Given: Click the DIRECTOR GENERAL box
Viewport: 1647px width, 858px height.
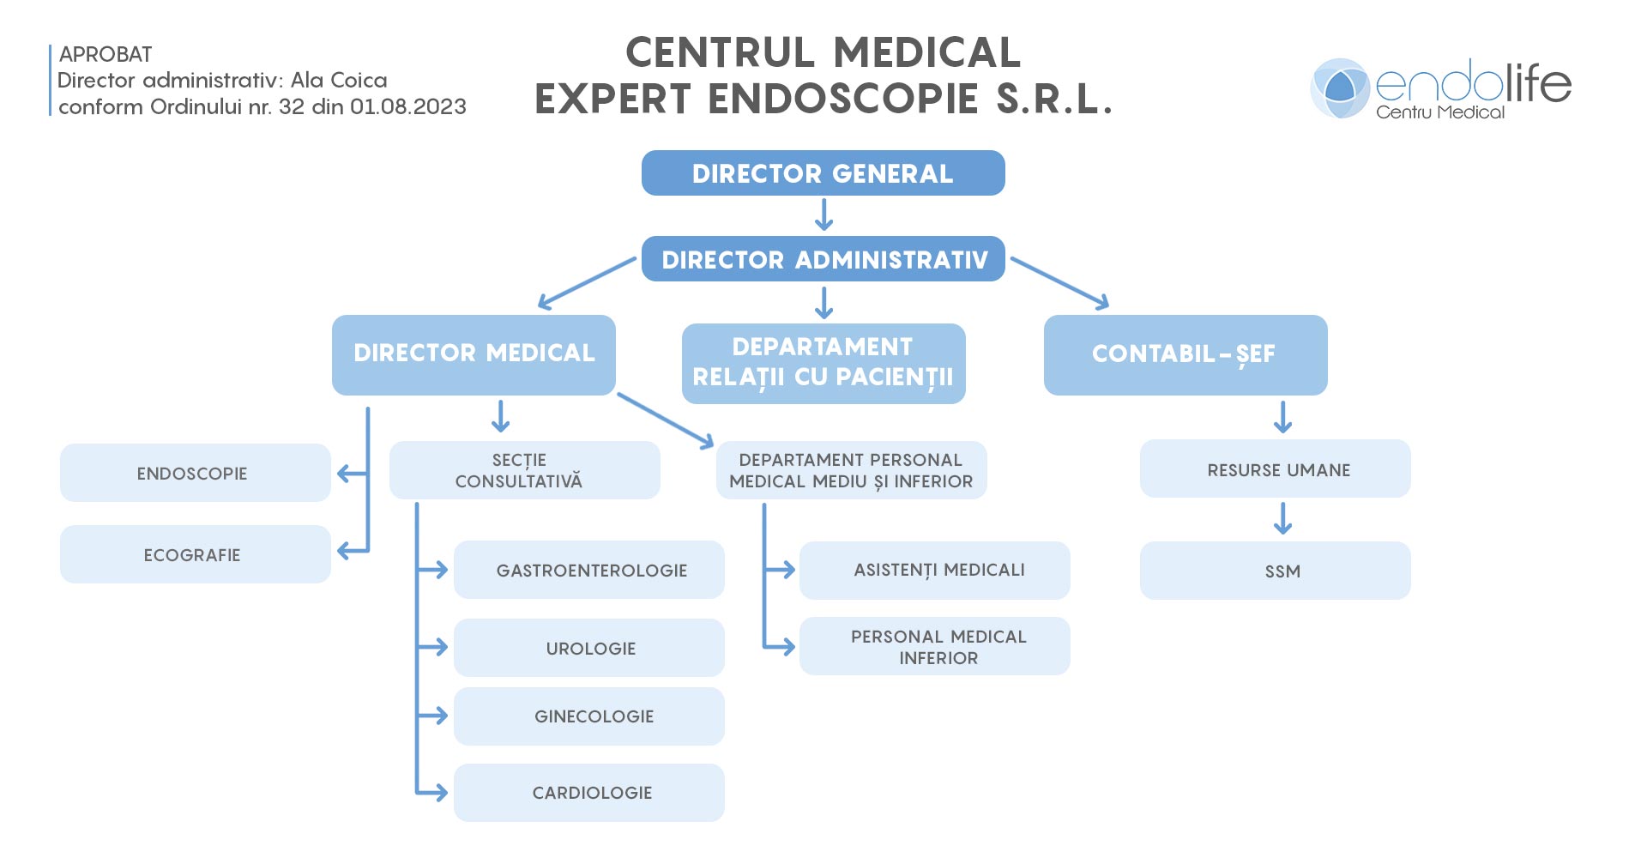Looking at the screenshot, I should pos(823,173).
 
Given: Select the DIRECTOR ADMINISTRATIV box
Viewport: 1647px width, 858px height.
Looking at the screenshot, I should pos(823,259).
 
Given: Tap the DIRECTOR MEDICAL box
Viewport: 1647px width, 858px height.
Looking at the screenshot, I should pos(474,354).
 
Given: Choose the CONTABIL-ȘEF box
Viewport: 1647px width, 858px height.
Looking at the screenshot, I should pos(1185,354).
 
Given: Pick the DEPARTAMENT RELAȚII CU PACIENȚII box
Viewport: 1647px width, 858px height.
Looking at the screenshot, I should pos(823,363).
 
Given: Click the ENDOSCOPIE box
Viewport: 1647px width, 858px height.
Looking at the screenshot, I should pos(195,473).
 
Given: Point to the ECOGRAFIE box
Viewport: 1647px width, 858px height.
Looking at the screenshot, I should pos(195,554).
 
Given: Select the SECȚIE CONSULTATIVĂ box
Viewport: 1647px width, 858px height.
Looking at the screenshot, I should pos(524,470).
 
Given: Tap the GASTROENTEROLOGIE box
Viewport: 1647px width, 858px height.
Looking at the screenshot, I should pos(588,570).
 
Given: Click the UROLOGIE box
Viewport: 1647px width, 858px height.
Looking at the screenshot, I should pos(588,648).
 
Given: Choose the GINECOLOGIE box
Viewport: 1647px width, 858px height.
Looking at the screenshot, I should pos(588,716).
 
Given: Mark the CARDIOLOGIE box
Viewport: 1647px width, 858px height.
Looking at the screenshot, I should pos(588,793).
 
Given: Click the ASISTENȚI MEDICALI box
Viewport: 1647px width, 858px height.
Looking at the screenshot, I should pos(934,570).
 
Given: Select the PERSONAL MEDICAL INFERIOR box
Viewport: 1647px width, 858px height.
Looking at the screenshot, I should pos(934,646).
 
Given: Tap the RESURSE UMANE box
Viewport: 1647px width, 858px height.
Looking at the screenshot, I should pos(1275,469).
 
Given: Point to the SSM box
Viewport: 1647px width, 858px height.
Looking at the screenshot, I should pos(1275,571).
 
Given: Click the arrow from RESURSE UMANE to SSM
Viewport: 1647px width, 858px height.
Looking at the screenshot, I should pos(1282,519).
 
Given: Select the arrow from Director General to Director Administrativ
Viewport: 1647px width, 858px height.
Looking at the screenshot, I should pos(823,215).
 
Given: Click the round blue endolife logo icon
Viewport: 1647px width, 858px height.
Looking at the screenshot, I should pos(1340,88).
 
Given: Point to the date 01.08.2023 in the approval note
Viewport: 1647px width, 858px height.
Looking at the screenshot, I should pos(408,106).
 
